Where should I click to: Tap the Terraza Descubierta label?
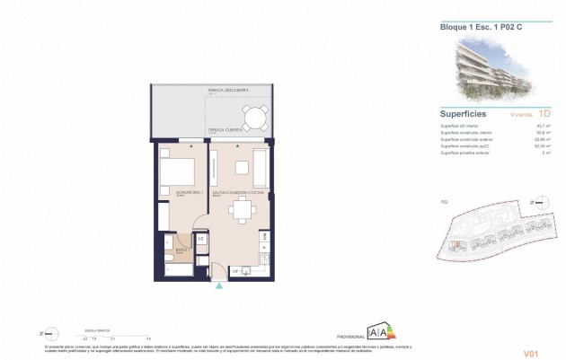[x=227, y=91]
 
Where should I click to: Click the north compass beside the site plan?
[x=539, y=203]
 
